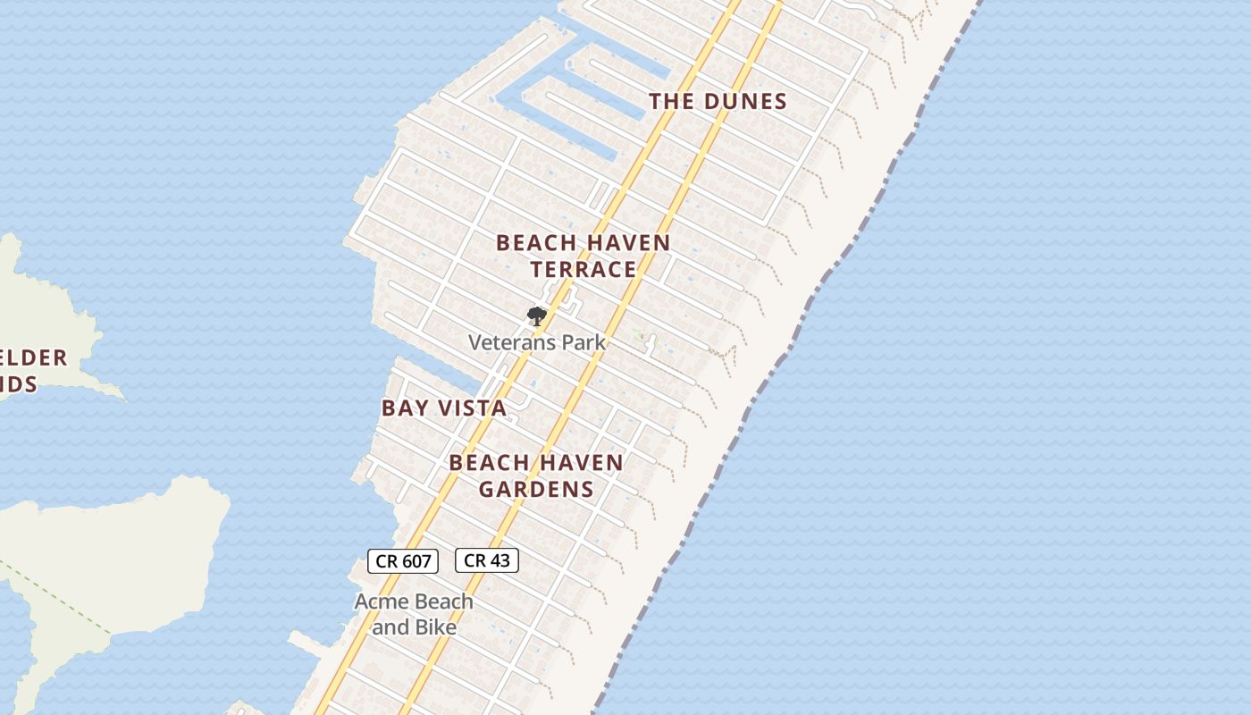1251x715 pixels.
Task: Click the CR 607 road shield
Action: (x=403, y=561)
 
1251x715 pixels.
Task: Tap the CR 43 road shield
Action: (x=487, y=560)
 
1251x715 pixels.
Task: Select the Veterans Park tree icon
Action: (x=536, y=315)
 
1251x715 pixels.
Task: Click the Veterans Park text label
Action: (x=537, y=342)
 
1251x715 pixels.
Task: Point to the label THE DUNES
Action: (x=718, y=101)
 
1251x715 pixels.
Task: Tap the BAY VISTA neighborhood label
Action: (x=444, y=408)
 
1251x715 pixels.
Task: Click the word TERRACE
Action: (x=584, y=269)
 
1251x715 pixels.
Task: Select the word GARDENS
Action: (x=536, y=489)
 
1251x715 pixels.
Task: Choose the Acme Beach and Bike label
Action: (x=414, y=614)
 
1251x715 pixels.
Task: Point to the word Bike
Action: (x=435, y=627)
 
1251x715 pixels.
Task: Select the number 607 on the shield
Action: (x=416, y=561)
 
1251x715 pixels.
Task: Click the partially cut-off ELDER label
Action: (x=34, y=358)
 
